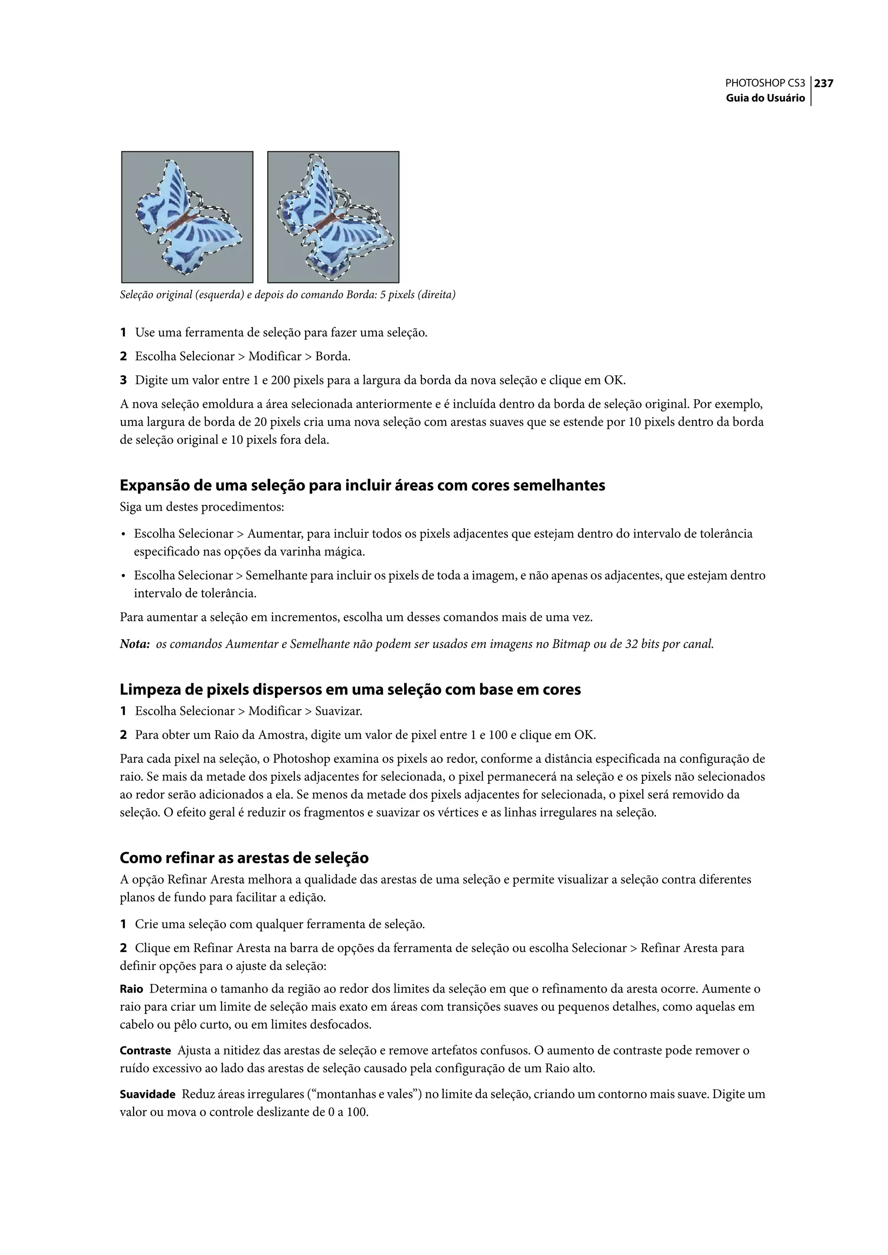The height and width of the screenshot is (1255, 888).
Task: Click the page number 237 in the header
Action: [x=823, y=84]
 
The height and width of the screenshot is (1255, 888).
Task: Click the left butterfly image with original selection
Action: [x=187, y=217]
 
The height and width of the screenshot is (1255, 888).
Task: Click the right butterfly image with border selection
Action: [x=333, y=217]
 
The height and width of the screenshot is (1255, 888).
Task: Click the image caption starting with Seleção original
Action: [x=287, y=295]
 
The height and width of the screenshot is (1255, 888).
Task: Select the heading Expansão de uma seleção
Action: [x=362, y=485]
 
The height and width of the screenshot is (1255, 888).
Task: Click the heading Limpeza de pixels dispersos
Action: [x=350, y=689]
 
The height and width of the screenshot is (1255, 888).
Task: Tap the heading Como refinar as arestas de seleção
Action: [x=244, y=857]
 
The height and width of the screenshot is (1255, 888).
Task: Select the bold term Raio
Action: [x=131, y=989]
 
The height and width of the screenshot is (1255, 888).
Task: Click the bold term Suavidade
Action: [x=147, y=1094]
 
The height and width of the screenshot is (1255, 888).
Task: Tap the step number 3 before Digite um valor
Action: [x=124, y=380]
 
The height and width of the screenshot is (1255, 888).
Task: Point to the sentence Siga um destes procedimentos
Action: [x=202, y=507]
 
